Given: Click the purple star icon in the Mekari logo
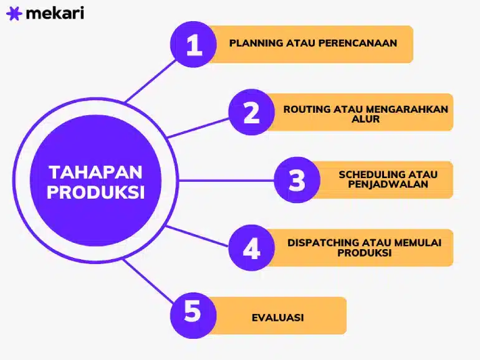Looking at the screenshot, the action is pos(14,14).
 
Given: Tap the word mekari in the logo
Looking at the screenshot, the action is pos(55,13).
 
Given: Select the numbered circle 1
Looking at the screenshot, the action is pos(193,44).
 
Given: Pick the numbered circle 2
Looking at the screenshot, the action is pos(252,112).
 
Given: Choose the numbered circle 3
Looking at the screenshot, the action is pos(297,180).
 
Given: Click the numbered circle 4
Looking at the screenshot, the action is pos(252,248).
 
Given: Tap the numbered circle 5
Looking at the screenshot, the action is pos(193,315).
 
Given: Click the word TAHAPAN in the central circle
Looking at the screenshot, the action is pos(95,172).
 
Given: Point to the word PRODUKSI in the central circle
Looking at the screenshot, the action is pos(95,192).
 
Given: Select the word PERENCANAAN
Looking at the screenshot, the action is pos(358,43).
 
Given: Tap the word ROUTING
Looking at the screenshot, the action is pos(307,109).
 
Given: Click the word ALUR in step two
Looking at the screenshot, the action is pos(365,119).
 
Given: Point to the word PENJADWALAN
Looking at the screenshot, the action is pos(388,184).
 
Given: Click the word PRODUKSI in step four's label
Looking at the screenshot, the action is pos(365,253).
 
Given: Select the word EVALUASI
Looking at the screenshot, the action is pos(278,318).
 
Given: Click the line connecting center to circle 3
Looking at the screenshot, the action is pos(226,181).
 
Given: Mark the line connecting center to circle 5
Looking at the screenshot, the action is pos(148,281).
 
